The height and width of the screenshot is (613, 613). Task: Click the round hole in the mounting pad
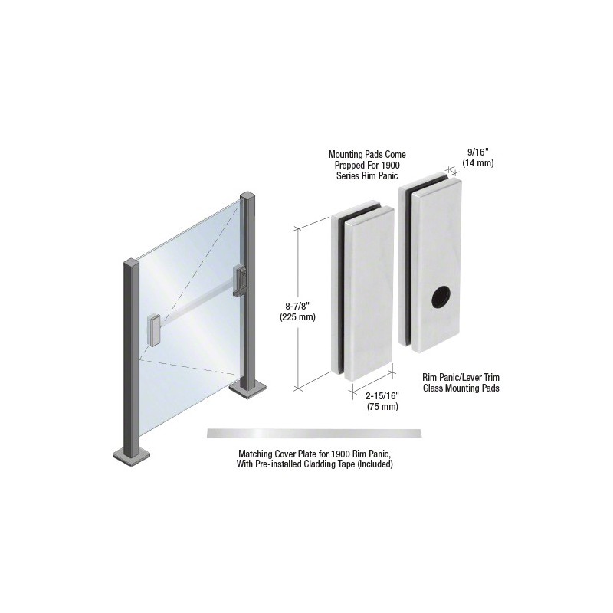441,297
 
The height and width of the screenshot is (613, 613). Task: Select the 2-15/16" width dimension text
382,396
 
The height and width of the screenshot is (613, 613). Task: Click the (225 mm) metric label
297,317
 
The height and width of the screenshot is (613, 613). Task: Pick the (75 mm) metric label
382,407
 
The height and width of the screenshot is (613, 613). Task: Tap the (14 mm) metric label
478,163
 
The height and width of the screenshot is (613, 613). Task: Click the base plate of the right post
247,390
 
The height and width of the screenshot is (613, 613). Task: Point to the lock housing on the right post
240,280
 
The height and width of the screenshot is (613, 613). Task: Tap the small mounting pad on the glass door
152,330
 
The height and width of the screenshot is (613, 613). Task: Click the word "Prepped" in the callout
348,166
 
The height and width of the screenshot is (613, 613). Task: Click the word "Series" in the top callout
347,176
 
